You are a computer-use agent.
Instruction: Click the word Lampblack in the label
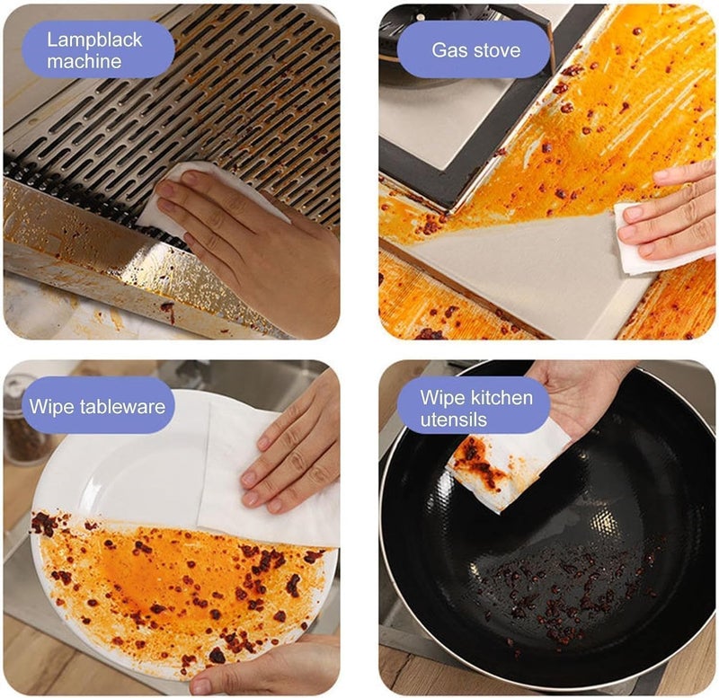[x=94, y=40]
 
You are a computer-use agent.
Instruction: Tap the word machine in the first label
[x=84, y=61]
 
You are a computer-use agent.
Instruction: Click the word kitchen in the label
[x=502, y=397]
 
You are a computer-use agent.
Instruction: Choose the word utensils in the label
[x=454, y=420]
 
